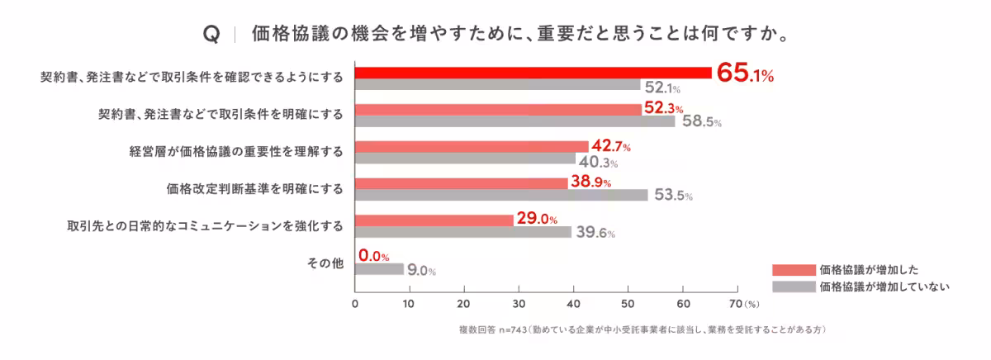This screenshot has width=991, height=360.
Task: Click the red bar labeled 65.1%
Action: click(x=533, y=72)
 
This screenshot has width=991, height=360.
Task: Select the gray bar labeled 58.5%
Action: click(x=514, y=121)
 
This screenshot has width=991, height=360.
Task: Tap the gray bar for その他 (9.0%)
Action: click(x=379, y=269)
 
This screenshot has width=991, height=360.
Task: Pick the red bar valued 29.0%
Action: click(x=434, y=220)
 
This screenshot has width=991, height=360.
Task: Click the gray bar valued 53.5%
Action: click(x=501, y=195)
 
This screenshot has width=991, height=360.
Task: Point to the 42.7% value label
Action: click(x=611, y=147)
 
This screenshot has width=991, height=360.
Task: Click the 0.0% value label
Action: click(x=374, y=256)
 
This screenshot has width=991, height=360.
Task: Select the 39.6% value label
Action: click(x=595, y=233)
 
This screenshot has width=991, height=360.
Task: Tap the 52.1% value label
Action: click(x=662, y=86)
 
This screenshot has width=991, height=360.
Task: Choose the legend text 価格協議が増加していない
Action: click(x=885, y=287)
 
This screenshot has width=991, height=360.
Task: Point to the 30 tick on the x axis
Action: click(x=519, y=303)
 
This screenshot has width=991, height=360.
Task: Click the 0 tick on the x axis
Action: click(x=355, y=303)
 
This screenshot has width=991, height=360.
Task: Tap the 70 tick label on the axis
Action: click(x=737, y=303)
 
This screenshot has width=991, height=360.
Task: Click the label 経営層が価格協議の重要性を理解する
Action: click(x=236, y=152)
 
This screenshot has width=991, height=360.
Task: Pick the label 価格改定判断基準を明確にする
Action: click(x=255, y=189)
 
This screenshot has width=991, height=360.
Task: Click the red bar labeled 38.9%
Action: click(x=462, y=182)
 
